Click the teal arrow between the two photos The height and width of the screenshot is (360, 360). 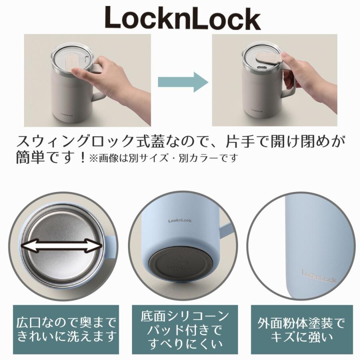[x=182, y=82]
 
